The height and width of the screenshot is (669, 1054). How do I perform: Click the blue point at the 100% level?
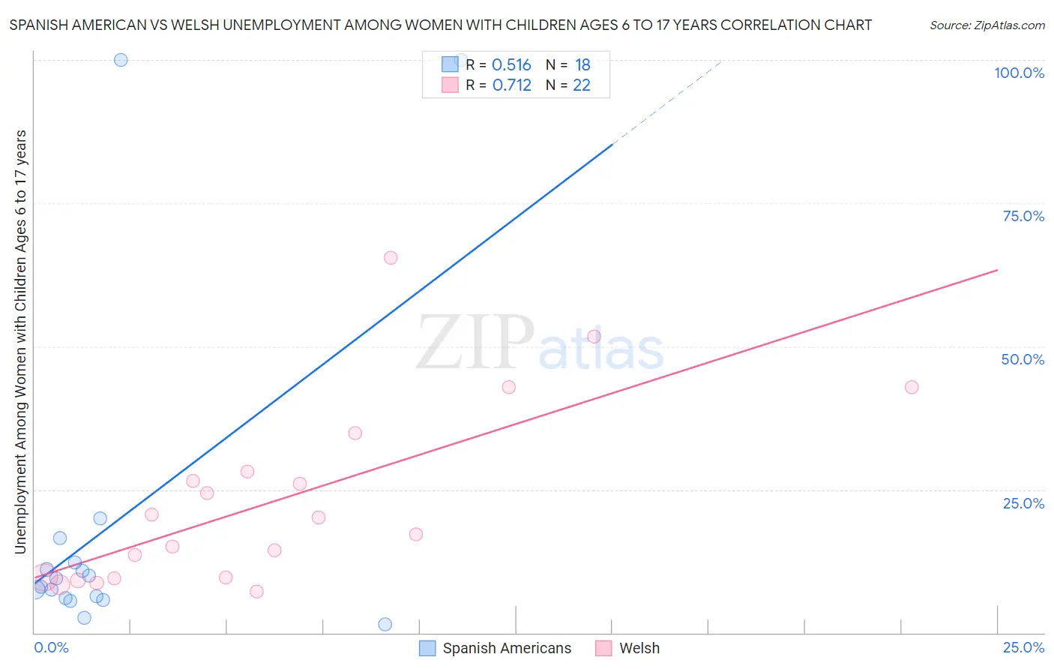[x=121, y=60]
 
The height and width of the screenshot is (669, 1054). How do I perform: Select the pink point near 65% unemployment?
[x=391, y=258]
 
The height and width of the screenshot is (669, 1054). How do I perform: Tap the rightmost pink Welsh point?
[x=912, y=387]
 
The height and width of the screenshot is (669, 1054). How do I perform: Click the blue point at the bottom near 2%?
[x=385, y=624]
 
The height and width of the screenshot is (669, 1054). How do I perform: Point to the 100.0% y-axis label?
[x=1019, y=73]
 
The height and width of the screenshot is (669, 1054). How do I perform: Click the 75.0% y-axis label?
[x=1023, y=216]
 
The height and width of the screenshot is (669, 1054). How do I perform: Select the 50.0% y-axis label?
[x=1023, y=359]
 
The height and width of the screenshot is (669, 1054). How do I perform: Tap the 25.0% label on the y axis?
[x=1023, y=503]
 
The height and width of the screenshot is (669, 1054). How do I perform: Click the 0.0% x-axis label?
[x=51, y=647]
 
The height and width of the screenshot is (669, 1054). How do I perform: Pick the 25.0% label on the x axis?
[x=1023, y=647]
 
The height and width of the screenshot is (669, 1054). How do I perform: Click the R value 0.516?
[x=511, y=65]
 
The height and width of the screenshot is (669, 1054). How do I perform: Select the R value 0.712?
[x=511, y=85]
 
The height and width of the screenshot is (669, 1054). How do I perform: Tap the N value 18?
[x=582, y=65]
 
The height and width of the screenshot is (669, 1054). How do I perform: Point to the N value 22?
[x=582, y=85]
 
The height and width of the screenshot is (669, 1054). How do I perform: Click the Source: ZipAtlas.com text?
[x=987, y=25]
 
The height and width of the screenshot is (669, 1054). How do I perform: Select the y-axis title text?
[x=20, y=342]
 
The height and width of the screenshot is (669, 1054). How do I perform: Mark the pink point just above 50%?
[x=594, y=337]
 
